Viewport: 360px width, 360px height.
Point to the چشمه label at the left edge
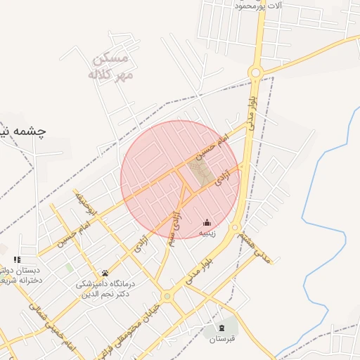[x=21, y=131]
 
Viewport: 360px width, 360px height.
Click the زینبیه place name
[x=207, y=233]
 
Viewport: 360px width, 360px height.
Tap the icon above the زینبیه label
[x=207, y=222]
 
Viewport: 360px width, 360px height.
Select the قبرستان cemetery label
[x=223, y=339]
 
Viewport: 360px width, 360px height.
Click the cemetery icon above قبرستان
[x=223, y=328]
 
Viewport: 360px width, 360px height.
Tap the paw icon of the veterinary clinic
[x=105, y=273]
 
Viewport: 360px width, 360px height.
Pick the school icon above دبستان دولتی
[x=16, y=259]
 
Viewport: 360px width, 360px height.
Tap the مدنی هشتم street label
[x=253, y=245]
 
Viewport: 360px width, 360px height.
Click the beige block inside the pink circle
[x=201, y=172]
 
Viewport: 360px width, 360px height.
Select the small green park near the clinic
[x=69, y=268]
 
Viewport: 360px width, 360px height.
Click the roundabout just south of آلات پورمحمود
[x=255, y=71]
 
